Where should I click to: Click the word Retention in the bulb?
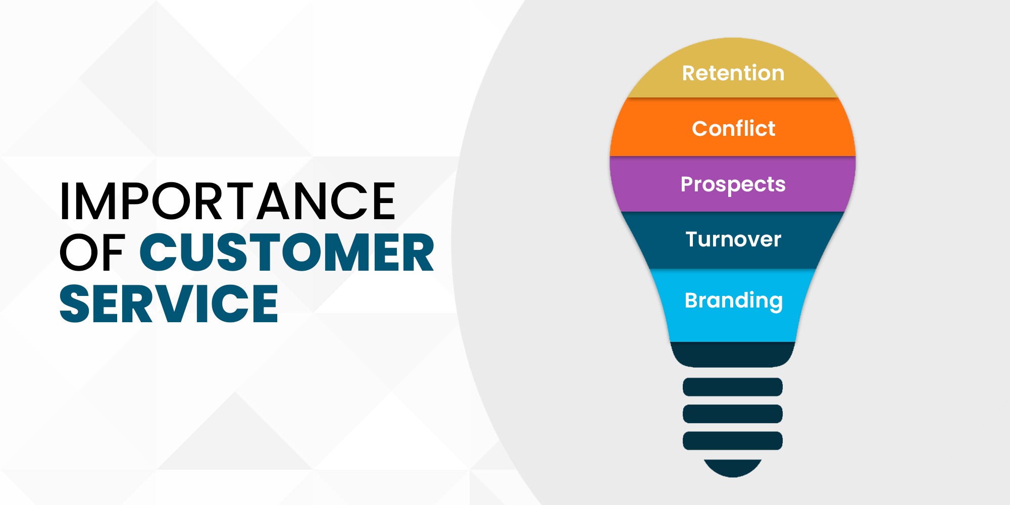[x=733, y=73]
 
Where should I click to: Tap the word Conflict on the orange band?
[x=733, y=128]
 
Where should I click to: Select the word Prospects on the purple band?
[x=733, y=185]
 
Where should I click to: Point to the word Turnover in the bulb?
[x=733, y=239]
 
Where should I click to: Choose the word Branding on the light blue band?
[x=734, y=301]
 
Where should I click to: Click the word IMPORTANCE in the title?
[x=228, y=201]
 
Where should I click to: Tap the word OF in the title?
[x=92, y=252]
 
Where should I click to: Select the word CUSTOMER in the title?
[x=286, y=252]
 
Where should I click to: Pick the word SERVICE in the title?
[x=169, y=303]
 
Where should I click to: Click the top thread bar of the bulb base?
[x=733, y=387]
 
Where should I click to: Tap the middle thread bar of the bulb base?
[x=733, y=414]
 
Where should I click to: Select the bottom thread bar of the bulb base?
[x=733, y=440]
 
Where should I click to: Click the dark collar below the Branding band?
[x=733, y=355]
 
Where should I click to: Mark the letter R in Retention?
[x=690, y=73]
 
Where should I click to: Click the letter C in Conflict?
[x=700, y=128]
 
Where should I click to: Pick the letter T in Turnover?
[x=693, y=239]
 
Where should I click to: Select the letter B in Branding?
[x=692, y=300]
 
